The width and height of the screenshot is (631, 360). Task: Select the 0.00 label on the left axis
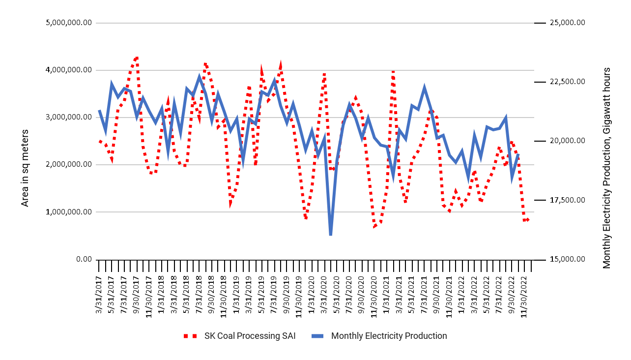click(x=84, y=259)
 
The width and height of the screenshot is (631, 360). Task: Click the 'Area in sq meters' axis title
click(x=25, y=168)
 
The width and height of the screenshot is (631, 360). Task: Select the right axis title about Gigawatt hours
click(x=607, y=168)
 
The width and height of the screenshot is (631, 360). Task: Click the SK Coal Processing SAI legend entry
click(x=250, y=336)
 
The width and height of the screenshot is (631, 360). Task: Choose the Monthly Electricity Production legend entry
click(x=389, y=336)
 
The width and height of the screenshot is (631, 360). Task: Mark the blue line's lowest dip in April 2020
click(x=331, y=235)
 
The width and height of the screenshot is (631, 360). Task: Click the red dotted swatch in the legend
click(x=190, y=336)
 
